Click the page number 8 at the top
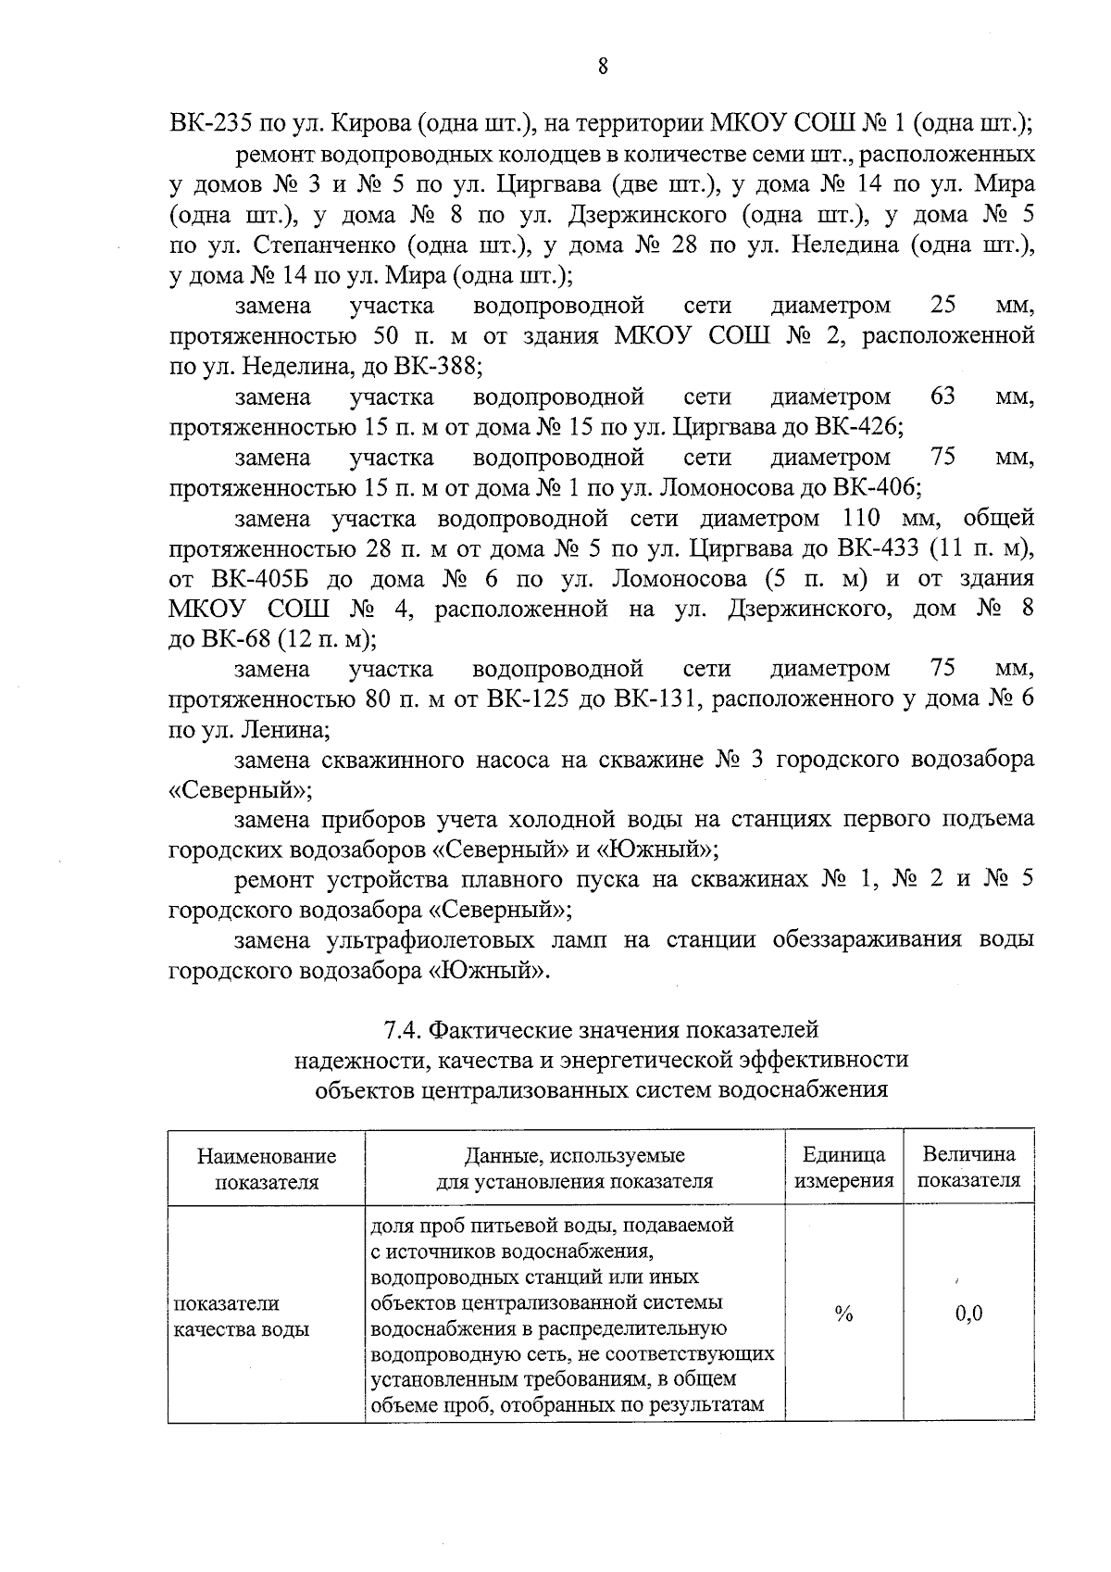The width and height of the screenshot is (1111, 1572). click(x=603, y=66)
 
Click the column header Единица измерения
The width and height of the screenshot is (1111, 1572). click(x=843, y=1167)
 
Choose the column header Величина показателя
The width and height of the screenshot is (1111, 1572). click(x=968, y=1167)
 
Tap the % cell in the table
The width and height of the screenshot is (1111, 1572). click(x=843, y=1314)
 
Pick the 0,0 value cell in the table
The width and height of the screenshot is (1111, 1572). click(x=968, y=1314)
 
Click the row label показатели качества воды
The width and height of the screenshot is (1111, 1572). click(x=242, y=1316)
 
